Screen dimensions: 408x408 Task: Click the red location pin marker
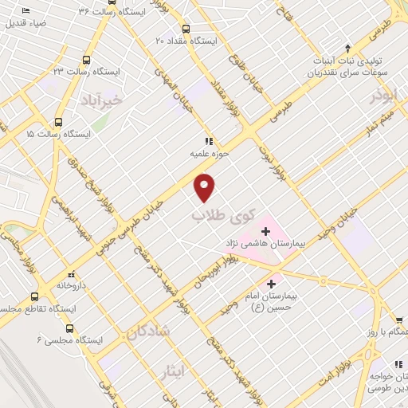(206, 186)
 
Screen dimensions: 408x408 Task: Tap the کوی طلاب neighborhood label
(215, 215)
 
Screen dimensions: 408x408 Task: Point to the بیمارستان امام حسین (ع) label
(272, 300)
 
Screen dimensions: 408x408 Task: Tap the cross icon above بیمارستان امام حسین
(273, 283)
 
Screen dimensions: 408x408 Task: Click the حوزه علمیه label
(209, 151)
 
